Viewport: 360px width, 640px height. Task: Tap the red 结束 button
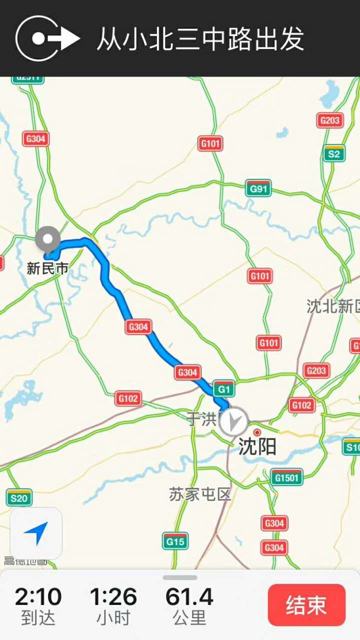click(306, 605)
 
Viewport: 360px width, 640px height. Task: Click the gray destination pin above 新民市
click(48, 239)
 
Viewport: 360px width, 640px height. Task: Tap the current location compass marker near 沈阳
click(233, 421)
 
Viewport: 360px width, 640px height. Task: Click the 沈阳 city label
click(257, 446)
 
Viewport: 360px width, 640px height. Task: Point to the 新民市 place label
click(47, 268)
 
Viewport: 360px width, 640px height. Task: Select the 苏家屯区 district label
click(200, 494)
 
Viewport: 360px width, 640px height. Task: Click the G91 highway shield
click(258, 188)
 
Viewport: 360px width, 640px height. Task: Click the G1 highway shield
click(223, 388)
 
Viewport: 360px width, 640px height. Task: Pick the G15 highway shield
click(175, 540)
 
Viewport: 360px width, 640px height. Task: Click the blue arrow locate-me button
click(36, 533)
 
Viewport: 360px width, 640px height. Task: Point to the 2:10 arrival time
click(38, 596)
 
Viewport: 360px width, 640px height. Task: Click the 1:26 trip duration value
click(113, 596)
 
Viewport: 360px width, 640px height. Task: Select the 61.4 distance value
click(189, 596)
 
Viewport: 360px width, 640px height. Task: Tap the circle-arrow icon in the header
click(47, 38)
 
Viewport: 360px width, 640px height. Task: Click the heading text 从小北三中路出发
click(200, 39)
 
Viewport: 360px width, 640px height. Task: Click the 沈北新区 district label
click(333, 306)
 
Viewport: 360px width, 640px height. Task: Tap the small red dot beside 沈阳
click(257, 432)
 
